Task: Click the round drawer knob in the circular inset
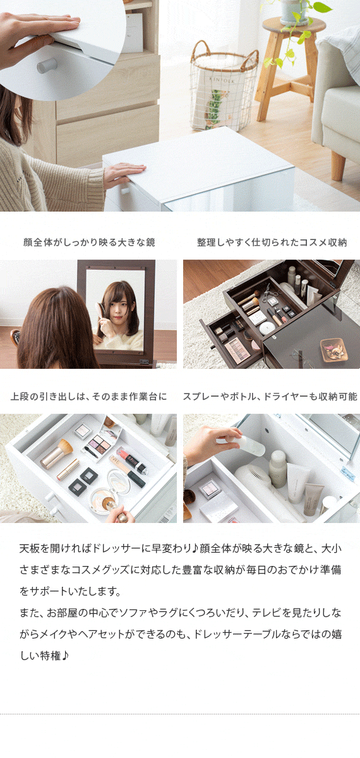47,65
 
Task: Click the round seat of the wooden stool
294,25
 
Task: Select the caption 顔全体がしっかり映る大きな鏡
89,243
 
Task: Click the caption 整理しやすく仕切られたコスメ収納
272,243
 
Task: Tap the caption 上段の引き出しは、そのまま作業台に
88,396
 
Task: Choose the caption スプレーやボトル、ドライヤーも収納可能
270,396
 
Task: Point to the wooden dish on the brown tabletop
333,350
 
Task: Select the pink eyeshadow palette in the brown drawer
237,350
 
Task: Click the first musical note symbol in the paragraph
195,549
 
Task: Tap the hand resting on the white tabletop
124,173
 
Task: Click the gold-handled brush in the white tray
58,454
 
